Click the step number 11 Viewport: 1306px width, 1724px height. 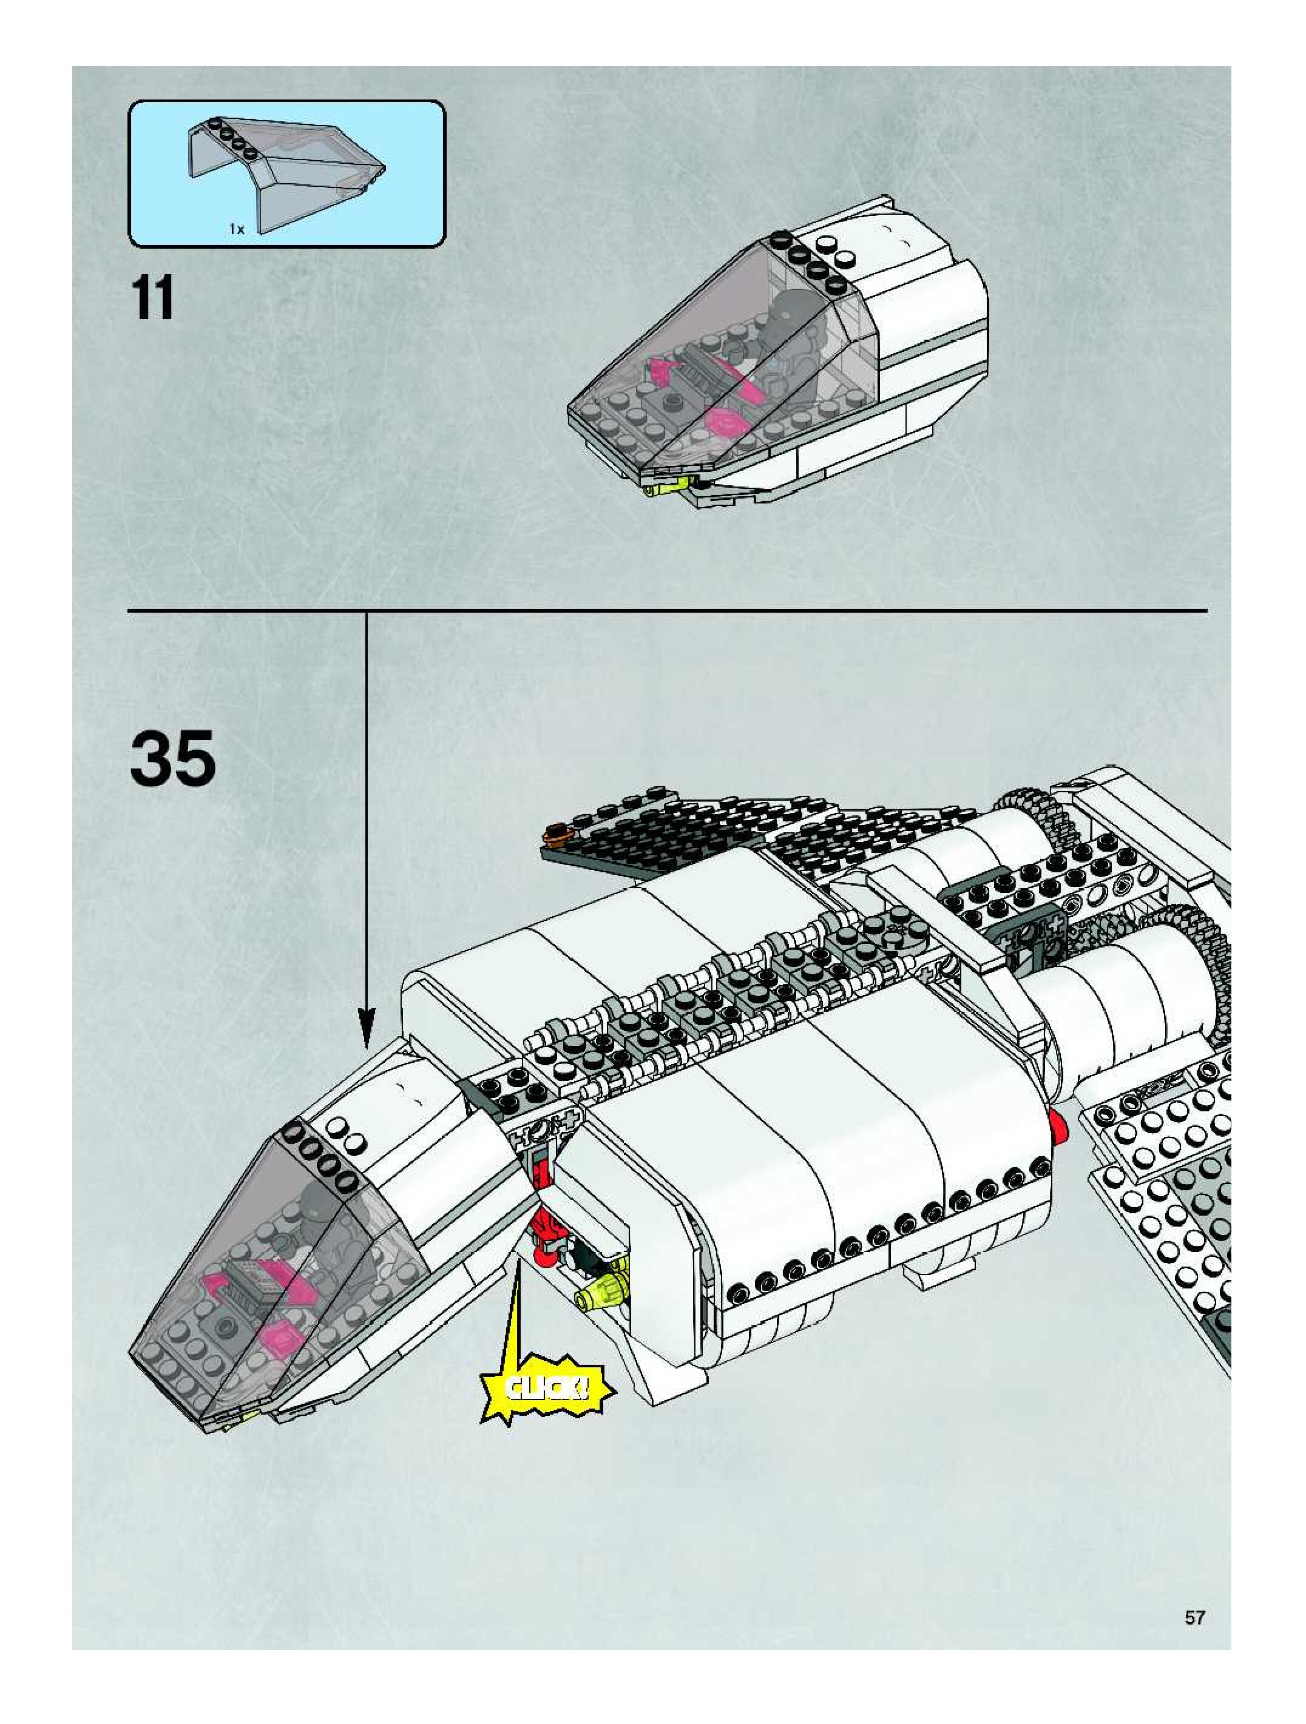coord(153,298)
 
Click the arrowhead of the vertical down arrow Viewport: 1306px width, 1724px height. coord(367,1029)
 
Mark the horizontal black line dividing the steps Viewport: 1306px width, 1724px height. coord(666,610)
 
